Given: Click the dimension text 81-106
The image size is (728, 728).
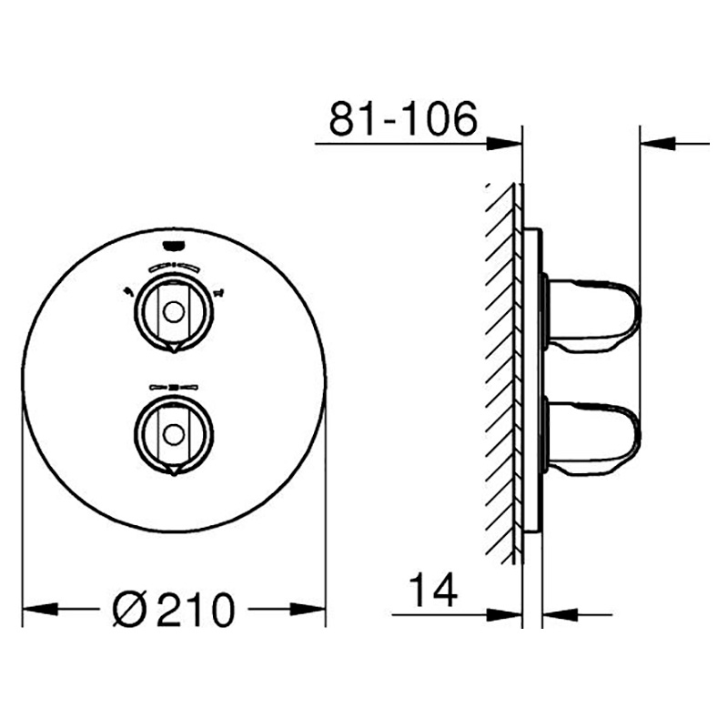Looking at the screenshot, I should click(402, 118).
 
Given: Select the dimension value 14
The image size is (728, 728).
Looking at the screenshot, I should click(430, 590).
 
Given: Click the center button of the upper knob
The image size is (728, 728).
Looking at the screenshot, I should click(172, 310).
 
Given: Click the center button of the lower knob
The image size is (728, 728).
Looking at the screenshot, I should click(172, 431).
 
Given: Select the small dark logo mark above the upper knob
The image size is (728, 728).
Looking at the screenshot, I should click(172, 243).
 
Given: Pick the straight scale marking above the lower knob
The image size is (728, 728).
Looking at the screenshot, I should click(172, 387).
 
